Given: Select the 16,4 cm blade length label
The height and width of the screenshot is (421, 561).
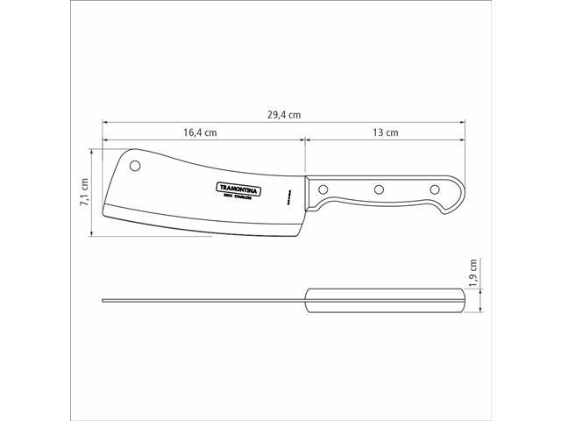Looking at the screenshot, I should (200, 133).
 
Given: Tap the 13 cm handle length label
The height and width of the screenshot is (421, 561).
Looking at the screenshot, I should (385, 133).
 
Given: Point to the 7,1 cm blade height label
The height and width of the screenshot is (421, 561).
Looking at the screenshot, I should (85, 192).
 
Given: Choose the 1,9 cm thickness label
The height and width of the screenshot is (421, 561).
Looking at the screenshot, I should (474, 273).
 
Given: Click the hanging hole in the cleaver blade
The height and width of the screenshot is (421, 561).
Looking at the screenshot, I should (136, 165).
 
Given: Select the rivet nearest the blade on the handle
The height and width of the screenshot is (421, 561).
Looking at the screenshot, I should (323, 189).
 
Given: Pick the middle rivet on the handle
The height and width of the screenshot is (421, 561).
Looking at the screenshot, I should (379, 189).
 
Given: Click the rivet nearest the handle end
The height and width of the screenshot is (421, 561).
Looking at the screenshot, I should (433, 189).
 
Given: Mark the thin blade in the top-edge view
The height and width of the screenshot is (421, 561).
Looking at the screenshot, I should (202, 301).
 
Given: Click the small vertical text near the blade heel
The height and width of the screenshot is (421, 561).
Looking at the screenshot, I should (287, 196).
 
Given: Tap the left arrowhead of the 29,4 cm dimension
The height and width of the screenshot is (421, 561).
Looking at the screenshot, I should (104, 122).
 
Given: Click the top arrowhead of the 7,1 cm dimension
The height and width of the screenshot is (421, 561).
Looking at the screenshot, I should (94, 151).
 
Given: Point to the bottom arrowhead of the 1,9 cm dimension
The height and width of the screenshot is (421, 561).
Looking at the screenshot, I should (483, 310).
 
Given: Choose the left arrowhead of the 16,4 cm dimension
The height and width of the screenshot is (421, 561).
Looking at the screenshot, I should (104, 140).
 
